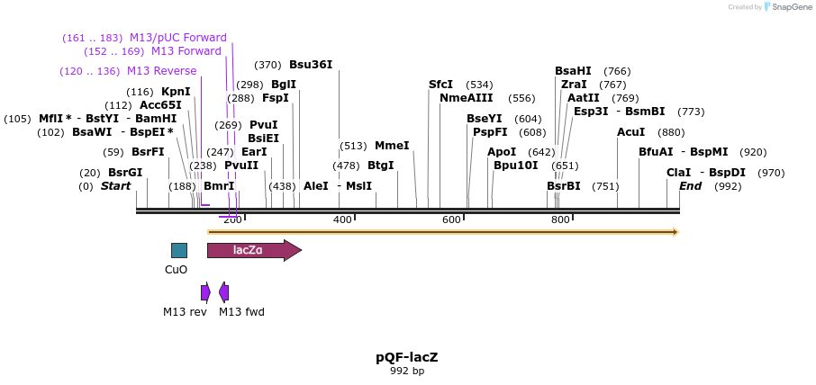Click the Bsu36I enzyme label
(x=311, y=65)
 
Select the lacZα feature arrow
(x=253, y=250)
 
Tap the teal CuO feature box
(x=179, y=250)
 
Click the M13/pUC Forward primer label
(x=178, y=38)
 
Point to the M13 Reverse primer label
(x=161, y=71)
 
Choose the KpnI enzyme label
(x=176, y=92)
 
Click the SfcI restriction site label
(x=440, y=85)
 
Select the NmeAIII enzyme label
(x=466, y=98)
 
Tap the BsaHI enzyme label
(x=573, y=71)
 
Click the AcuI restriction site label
(x=630, y=132)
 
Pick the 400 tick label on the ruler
(x=342, y=220)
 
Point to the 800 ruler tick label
(x=560, y=220)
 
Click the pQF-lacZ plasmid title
(x=407, y=357)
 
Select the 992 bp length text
(x=407, y=371)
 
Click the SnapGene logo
(x=790, y=7)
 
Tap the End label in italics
(x=690, y=186)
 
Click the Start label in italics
(x=115, y=186)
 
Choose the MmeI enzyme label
(x=392, y=146)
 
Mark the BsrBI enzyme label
(x=563, y=186)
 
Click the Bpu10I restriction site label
(x=515, y=166)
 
